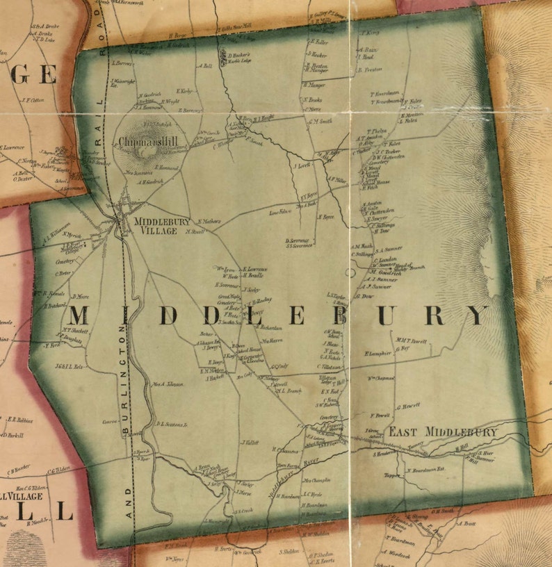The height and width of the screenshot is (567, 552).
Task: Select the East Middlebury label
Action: [x=442, y=432]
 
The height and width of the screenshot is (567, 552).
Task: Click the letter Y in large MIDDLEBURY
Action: [x=477, y=315]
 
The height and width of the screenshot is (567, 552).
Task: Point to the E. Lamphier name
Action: [x=379, y=354]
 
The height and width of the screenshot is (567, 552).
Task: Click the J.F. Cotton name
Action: [x=33, y=99]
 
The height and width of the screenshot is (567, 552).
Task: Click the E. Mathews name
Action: [x=209, y=222]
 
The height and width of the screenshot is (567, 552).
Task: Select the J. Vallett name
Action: [x=250, y=442]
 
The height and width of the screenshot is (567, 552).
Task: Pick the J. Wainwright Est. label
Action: [x=124, y=83]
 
